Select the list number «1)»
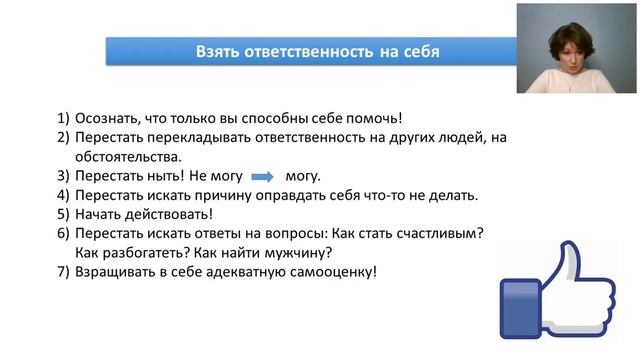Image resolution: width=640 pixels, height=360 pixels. (x=63, y=119)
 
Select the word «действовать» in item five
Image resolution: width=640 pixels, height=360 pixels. (x=172, y=214)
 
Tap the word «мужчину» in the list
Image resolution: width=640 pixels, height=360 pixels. (x=295, y=252)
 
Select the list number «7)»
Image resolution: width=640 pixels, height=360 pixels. (x=63, y=271)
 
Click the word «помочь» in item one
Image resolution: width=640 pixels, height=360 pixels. (x=375, y=119)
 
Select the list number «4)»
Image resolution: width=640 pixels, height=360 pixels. (x=63, y=195)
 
